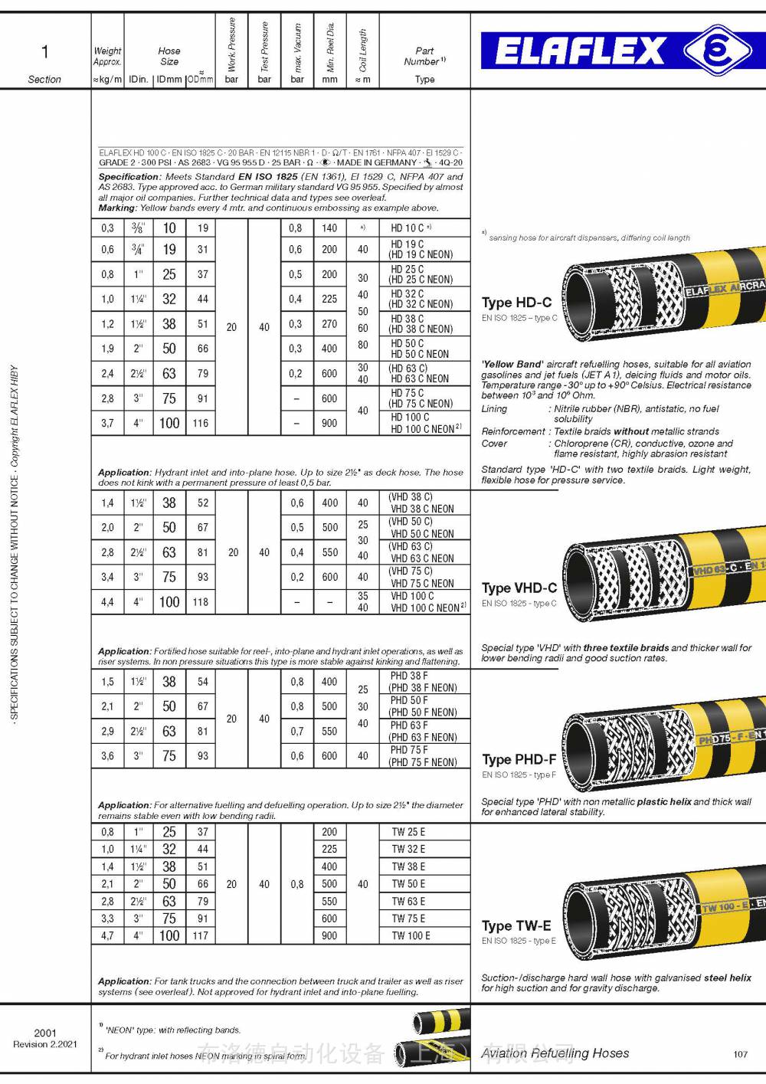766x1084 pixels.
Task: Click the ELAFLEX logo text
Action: pyautogui.click(x=580, y=51)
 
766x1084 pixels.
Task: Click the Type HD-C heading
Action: pyautogui.click(x=516, y=303)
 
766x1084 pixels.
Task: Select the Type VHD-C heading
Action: pyautogui.click(x=519, y=588)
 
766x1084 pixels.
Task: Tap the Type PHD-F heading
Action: pyautogui.click(x=519, y=759)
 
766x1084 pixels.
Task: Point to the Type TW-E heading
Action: pyautogui.click(x=516, y=925)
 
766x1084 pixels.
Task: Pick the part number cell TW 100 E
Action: pyautogui.click(x=411, y=935)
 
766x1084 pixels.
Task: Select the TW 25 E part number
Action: pyautogui.click(x=408, y=832)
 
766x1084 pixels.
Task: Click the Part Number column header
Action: pyautogui.click(x=424, y=56)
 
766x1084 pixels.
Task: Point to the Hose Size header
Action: pyautogui.click(x=169, y=56)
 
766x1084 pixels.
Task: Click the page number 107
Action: pyautogui.click(x=740, y=1054)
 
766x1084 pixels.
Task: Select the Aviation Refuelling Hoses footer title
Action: pyautogui.click(x=555, y=1053)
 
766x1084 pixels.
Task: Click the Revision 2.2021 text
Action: pyautogui.click(x=45, y=1043)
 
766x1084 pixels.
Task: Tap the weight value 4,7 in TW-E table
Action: pyautogui.click(x=107, y=935)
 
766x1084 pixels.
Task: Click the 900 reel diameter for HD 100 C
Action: pyautogui.click(x=329, y=423)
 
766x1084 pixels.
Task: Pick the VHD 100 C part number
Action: pyautogui.click(x=412, y=595)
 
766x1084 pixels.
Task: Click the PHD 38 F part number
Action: pyautogui.click(x=409, y=676)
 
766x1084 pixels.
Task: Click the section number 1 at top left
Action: pyautogui.click(x=44, y=51)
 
